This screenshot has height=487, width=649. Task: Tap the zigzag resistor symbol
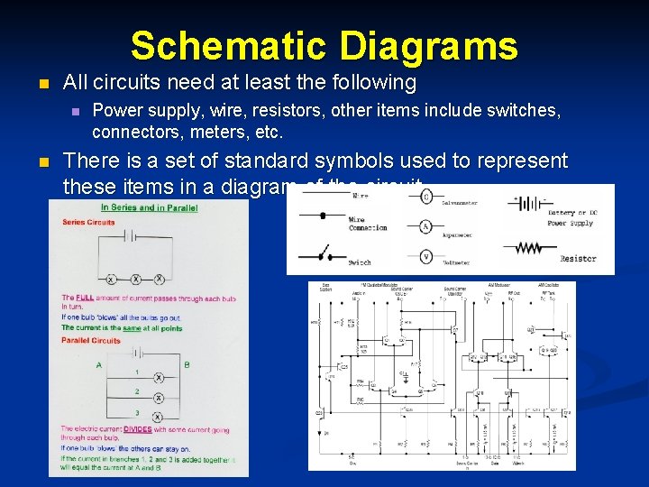529,247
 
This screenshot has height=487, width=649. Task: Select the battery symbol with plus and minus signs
526,205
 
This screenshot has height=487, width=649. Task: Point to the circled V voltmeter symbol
426,256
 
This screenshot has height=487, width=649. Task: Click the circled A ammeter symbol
426,227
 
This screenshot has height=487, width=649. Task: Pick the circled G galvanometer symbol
426,197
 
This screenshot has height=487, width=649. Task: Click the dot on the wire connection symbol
325,215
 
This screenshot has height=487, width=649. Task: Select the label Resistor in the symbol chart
578,259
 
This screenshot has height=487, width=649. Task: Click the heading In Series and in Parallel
150,207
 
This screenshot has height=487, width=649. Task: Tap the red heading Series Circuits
88,222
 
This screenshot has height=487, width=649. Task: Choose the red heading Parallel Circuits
91,341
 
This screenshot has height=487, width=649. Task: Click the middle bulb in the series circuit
133,280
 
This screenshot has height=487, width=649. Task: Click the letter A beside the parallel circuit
98,365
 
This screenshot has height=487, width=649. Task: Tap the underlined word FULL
85,298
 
